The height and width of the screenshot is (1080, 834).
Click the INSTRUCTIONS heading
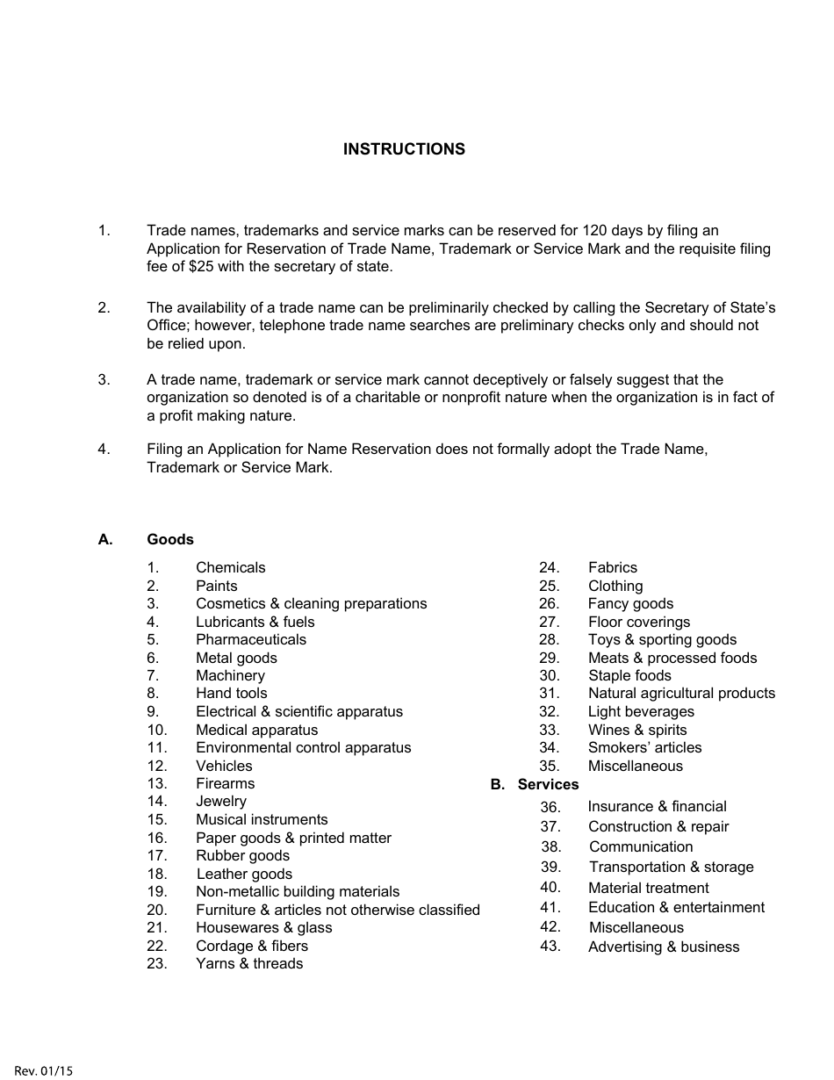click(404, 149)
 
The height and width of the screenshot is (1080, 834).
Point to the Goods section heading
click(170, 540)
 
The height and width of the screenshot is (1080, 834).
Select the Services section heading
click(548, 785)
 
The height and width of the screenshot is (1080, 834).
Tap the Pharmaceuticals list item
click(251, 640)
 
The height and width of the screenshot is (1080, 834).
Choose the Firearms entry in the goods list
click(225, 784)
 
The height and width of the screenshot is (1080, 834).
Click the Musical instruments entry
click(262, 820)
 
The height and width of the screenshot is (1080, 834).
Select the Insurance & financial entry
click(657, 807)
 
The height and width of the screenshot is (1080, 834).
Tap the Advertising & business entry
click(664, 947)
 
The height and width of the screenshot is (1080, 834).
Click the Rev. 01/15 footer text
click(44, 1070)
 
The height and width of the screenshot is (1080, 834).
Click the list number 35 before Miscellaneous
click(549, 767)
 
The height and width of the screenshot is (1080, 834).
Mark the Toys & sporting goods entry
click(662, 640)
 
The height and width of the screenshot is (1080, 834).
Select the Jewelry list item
click(221, 802)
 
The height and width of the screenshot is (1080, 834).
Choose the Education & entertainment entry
click(676, 908)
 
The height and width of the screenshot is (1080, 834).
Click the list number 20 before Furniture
click(157, 911)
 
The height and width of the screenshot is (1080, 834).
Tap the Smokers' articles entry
click(644, 748)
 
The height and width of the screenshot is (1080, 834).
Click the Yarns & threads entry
click(249, 964)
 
